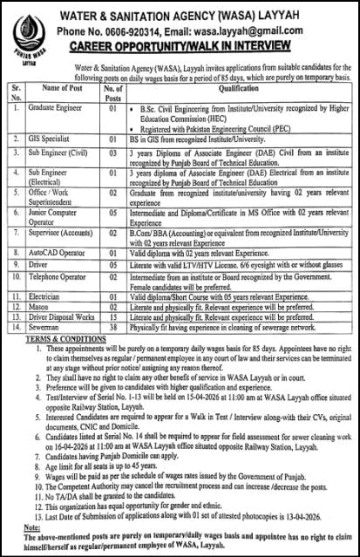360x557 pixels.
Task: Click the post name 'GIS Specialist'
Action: [48, 139]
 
